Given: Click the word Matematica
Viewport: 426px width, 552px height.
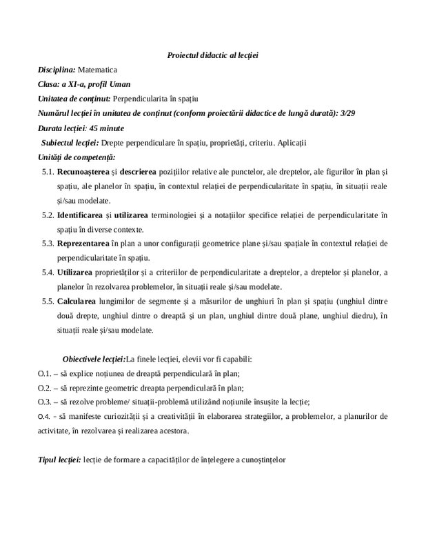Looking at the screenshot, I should pos(98,70).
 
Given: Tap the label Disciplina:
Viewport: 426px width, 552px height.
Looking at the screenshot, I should pos(57,70).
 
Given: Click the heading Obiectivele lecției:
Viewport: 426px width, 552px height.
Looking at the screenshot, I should pos(94,359).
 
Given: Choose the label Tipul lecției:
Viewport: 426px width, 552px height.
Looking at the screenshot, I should pos(59,459).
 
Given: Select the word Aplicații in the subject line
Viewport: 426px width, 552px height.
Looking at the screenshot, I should pos(290,143).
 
